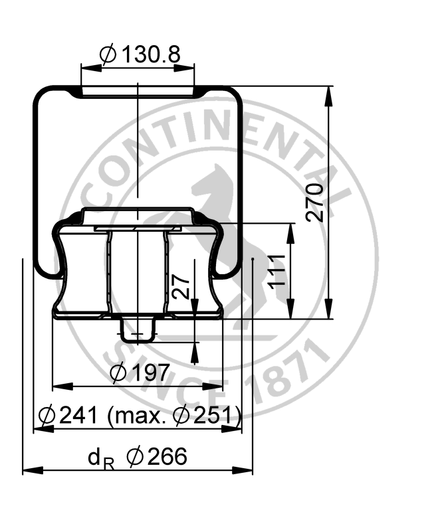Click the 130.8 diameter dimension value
pyautogui.click(x=152, y=54)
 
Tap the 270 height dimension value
pyautogui.click(x=314, y=203)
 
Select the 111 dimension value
pyautogui.click(x=276, y=272)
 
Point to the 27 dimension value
pyautogui.click(x=182, y=287)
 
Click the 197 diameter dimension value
pyautogui.click(x=150, y=373)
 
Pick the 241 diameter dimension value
pyautogui.click(x=78, y=415)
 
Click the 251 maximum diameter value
pyautogui.click(x=213, y=415)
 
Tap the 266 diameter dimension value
pyautogui.click(x=167, y=456)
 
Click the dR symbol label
pyautogui.click(x=101, y=459)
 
